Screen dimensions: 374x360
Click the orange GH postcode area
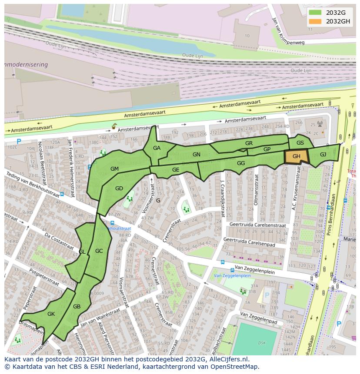[x=297, y=156]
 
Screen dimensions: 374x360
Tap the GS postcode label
[x=300, y=142]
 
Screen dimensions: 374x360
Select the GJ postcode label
[x=323, y=154]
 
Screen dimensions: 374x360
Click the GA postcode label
[x=157, y=148]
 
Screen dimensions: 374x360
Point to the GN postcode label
[x=197, y=154]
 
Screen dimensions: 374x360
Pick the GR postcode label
[x=249, y=143]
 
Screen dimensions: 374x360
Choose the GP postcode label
[x=267, y=149]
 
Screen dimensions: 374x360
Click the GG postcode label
[x=241, y=163]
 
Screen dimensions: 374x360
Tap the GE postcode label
[x=176, y=170]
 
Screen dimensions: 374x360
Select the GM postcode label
[x=114, y=169]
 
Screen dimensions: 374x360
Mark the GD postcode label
[x=119, y=188]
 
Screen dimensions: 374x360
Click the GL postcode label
[x=82, y=252]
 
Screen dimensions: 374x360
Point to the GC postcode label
[x=99, y=251]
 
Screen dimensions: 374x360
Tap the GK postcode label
[x=51, y=314]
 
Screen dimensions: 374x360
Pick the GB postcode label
[x=77, y=307]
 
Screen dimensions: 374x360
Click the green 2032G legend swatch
[x=315, y=13]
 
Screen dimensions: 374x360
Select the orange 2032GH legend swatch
[x=315, y=21]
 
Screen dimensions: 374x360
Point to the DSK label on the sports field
[x=262, y=343]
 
